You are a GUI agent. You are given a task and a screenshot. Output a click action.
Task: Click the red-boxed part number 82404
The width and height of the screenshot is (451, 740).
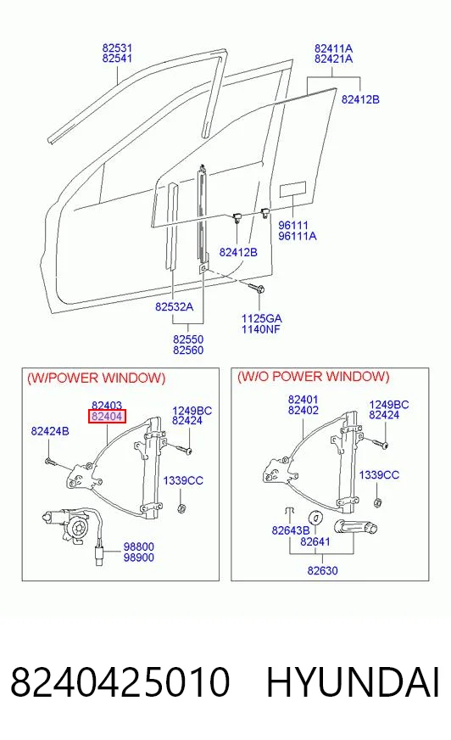point(108,416)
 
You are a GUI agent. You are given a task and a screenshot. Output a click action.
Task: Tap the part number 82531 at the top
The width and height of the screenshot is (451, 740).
point(117,48)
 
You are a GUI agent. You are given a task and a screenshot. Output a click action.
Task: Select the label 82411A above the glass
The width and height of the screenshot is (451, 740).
point(334,48)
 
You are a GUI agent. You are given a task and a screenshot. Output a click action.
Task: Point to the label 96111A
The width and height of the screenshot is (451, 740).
point(298,236)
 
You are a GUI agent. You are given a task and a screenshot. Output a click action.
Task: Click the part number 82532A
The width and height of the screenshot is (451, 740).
point(174,306)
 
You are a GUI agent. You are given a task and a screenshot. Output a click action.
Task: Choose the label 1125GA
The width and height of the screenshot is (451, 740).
point(262,318)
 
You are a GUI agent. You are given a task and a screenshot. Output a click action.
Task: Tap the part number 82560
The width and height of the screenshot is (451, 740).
point(188,350)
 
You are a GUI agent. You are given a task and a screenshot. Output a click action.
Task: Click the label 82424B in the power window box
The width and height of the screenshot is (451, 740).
point(50,431)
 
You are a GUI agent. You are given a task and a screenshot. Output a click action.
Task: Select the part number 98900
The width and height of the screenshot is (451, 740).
point(138,558)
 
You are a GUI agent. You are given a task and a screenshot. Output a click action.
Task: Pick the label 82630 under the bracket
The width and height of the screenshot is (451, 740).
point(322,570)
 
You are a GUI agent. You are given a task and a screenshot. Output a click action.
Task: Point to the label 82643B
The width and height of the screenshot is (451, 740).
point(290,530)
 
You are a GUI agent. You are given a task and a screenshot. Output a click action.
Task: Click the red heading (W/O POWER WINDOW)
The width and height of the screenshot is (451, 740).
point(314,377)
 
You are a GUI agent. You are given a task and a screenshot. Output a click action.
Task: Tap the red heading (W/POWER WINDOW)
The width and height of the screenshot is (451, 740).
point(97,378)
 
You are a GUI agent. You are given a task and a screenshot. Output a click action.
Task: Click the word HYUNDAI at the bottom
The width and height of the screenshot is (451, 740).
point(353,682)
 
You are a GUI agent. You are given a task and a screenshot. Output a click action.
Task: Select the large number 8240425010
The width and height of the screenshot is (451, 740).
point(120,682)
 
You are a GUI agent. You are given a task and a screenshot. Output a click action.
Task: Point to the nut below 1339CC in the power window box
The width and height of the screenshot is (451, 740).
point(181,508)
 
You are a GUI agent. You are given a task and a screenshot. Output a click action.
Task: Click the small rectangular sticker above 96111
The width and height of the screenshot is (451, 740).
point(293,189)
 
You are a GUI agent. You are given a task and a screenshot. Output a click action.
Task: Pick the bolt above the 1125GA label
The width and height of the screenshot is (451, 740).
point(258,288)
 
